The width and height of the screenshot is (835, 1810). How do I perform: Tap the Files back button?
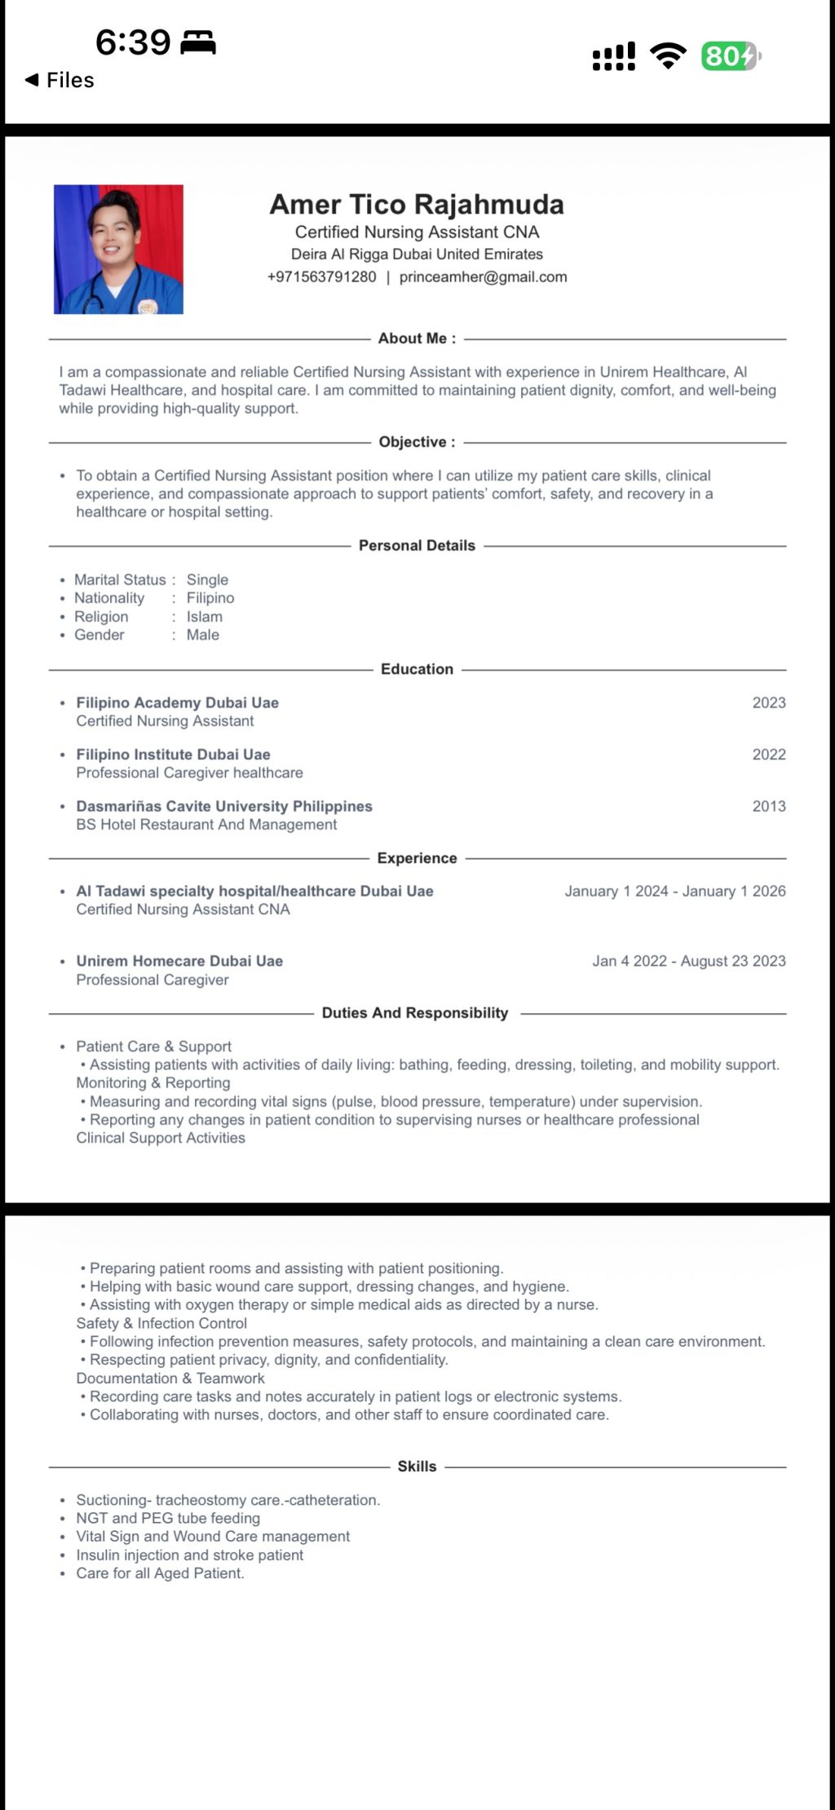[60, 80]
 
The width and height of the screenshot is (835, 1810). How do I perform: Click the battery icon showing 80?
[730, 56]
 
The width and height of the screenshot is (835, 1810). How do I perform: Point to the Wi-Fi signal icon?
[668, 55]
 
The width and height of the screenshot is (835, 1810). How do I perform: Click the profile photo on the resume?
[118, 249]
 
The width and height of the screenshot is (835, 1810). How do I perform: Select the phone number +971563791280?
[321, 277]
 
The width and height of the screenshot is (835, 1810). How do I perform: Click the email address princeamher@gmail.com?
[483, 277]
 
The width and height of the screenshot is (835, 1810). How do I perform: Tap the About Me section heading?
[417, 339]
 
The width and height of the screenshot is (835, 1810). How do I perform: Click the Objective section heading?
[417, 442]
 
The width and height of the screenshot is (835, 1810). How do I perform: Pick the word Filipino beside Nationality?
[210, 598]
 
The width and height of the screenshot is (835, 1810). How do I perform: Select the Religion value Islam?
[204, 617]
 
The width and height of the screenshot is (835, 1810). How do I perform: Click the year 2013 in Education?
[768, 806]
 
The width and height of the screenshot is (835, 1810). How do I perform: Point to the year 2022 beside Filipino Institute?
[768, 755]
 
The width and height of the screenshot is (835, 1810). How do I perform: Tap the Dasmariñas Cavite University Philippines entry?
[224, 806]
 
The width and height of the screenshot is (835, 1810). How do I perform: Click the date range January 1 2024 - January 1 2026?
[674, 891]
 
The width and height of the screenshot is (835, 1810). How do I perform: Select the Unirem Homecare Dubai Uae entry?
[179, 961]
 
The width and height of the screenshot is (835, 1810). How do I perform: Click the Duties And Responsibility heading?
[415, 1013]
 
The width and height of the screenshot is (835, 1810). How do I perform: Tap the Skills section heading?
[417, 1466]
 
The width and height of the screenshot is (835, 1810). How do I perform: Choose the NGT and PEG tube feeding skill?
[168, 1518]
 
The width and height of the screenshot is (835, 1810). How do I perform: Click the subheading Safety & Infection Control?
[161, 1323]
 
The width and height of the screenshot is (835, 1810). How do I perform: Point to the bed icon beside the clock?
[197, 42]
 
